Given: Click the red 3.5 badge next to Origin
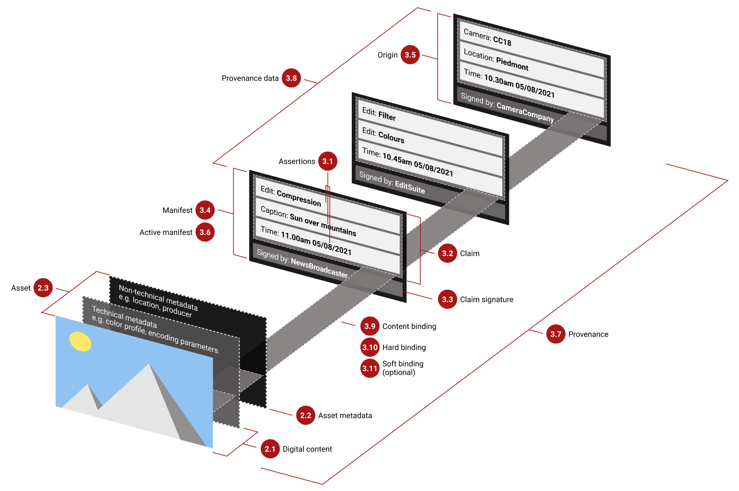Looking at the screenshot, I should (410, 55).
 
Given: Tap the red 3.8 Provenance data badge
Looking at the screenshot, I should (291, 78).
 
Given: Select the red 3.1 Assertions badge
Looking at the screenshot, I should (327, 161).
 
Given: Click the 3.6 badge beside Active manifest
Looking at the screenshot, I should (205, 232).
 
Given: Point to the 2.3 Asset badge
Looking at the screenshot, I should (43, 288).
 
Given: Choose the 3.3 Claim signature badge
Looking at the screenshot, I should (447, 299).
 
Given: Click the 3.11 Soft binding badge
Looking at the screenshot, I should (370, 368).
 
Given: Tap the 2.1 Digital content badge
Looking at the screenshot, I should (270, 449).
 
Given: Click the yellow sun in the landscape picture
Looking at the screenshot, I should (80, 341).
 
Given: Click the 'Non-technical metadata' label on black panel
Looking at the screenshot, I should (158, 297).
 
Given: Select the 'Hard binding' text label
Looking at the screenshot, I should (404, 347).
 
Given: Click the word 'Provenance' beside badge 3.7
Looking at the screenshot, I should (588, 334).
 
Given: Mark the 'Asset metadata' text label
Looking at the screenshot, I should (345, 415).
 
